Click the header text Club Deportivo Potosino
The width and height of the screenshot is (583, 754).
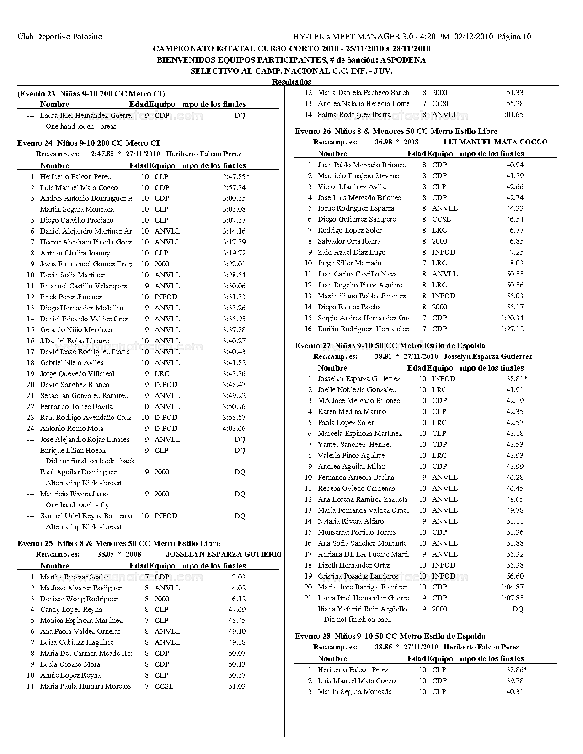click(x=60, y=37)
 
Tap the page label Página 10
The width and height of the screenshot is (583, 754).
click(x=514, y=37)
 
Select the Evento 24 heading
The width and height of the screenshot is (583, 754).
click(x=88, y=143)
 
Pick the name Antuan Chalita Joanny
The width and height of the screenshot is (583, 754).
click(x=75, y=253)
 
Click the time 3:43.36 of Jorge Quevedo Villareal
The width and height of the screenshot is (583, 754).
click(x=234, y=373)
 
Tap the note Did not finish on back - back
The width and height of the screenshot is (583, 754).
click(x=90, y=461)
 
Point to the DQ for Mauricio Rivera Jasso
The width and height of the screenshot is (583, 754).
click(x=240, y=494)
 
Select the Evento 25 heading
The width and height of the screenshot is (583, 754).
click(x=118, y=543)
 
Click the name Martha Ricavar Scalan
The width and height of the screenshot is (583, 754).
click(x=75, y=577)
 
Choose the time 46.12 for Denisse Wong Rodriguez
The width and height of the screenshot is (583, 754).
click(x=237, y=599)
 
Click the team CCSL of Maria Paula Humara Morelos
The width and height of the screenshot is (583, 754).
click(x=164, y=686)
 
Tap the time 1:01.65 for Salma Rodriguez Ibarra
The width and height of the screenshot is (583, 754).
click(x=512, y=114)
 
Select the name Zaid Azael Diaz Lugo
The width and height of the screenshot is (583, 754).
click(x=352, y=252)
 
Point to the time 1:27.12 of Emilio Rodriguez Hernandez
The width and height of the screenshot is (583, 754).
click(x=512, y=329)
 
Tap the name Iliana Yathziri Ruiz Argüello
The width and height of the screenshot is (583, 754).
click(x=362, y=609)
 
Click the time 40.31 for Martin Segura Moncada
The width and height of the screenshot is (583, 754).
click(x=515, y=691)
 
